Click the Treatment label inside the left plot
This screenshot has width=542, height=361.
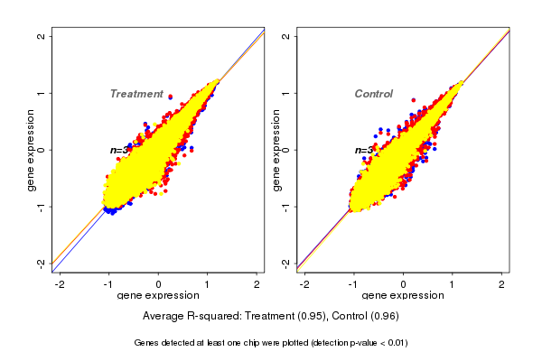tap(136, 94)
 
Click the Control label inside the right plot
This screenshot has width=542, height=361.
tap(373, 94)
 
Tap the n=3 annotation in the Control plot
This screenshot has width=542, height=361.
tap(363, 150)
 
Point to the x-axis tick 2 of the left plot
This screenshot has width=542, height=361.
tap(257, 285)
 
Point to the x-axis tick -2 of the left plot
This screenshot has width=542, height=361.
tap(60, 285)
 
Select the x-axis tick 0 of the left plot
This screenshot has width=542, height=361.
tap(158, 285)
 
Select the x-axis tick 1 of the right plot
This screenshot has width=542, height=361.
tap(453, 285)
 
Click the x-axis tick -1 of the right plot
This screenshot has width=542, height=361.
tap(354, 285)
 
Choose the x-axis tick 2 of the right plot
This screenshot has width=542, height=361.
tap(502, 285)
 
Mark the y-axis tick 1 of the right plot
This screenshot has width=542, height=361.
tap(285, 93)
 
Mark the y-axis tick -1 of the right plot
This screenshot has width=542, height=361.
tap(285, 206)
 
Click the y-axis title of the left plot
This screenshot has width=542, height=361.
tap(30, 150)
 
